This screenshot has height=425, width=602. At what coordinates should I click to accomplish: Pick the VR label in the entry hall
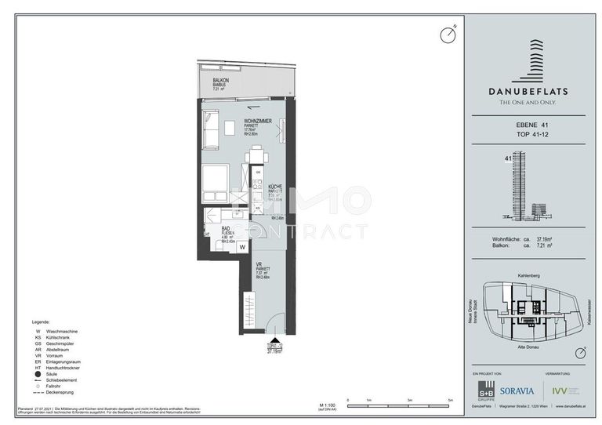coord(258,265)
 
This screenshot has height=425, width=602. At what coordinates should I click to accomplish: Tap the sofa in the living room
coord(210,130)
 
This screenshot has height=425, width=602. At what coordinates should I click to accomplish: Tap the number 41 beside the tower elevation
coord(508,159)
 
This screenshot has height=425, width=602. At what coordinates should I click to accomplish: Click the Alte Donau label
coord(531,346)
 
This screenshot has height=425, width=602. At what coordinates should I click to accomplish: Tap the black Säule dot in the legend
coord(36,375)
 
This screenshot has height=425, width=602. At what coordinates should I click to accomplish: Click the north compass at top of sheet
coord(448,35)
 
